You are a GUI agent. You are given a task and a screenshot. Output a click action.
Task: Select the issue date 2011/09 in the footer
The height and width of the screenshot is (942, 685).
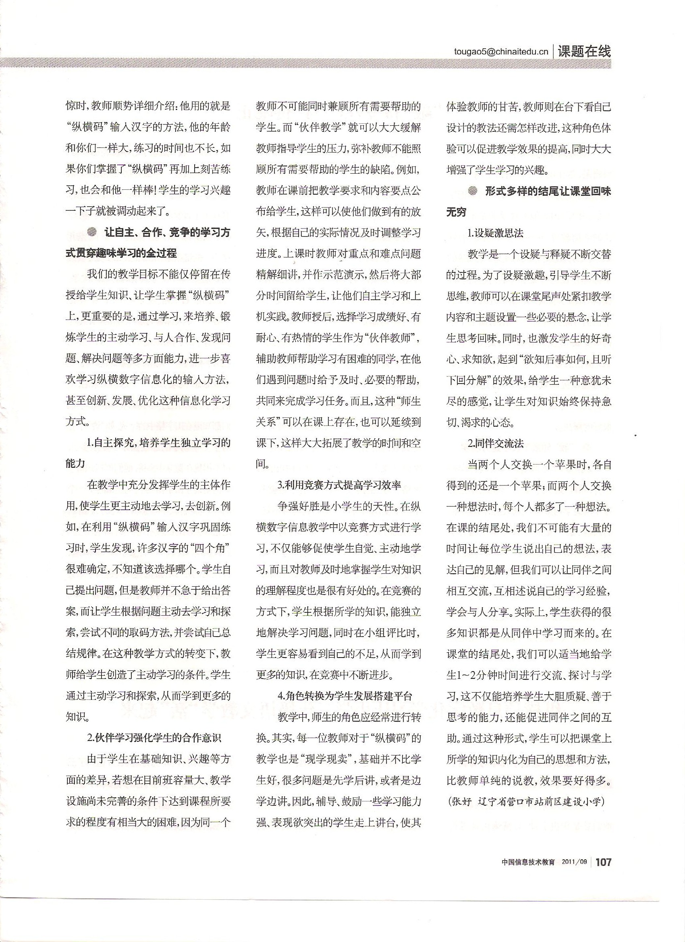575,862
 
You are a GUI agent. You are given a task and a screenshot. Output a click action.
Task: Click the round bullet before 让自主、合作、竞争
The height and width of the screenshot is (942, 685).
91,232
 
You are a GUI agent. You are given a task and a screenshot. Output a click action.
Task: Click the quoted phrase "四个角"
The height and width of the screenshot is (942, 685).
210,548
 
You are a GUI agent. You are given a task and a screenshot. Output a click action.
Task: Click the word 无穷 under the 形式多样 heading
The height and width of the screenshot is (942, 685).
456,212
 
